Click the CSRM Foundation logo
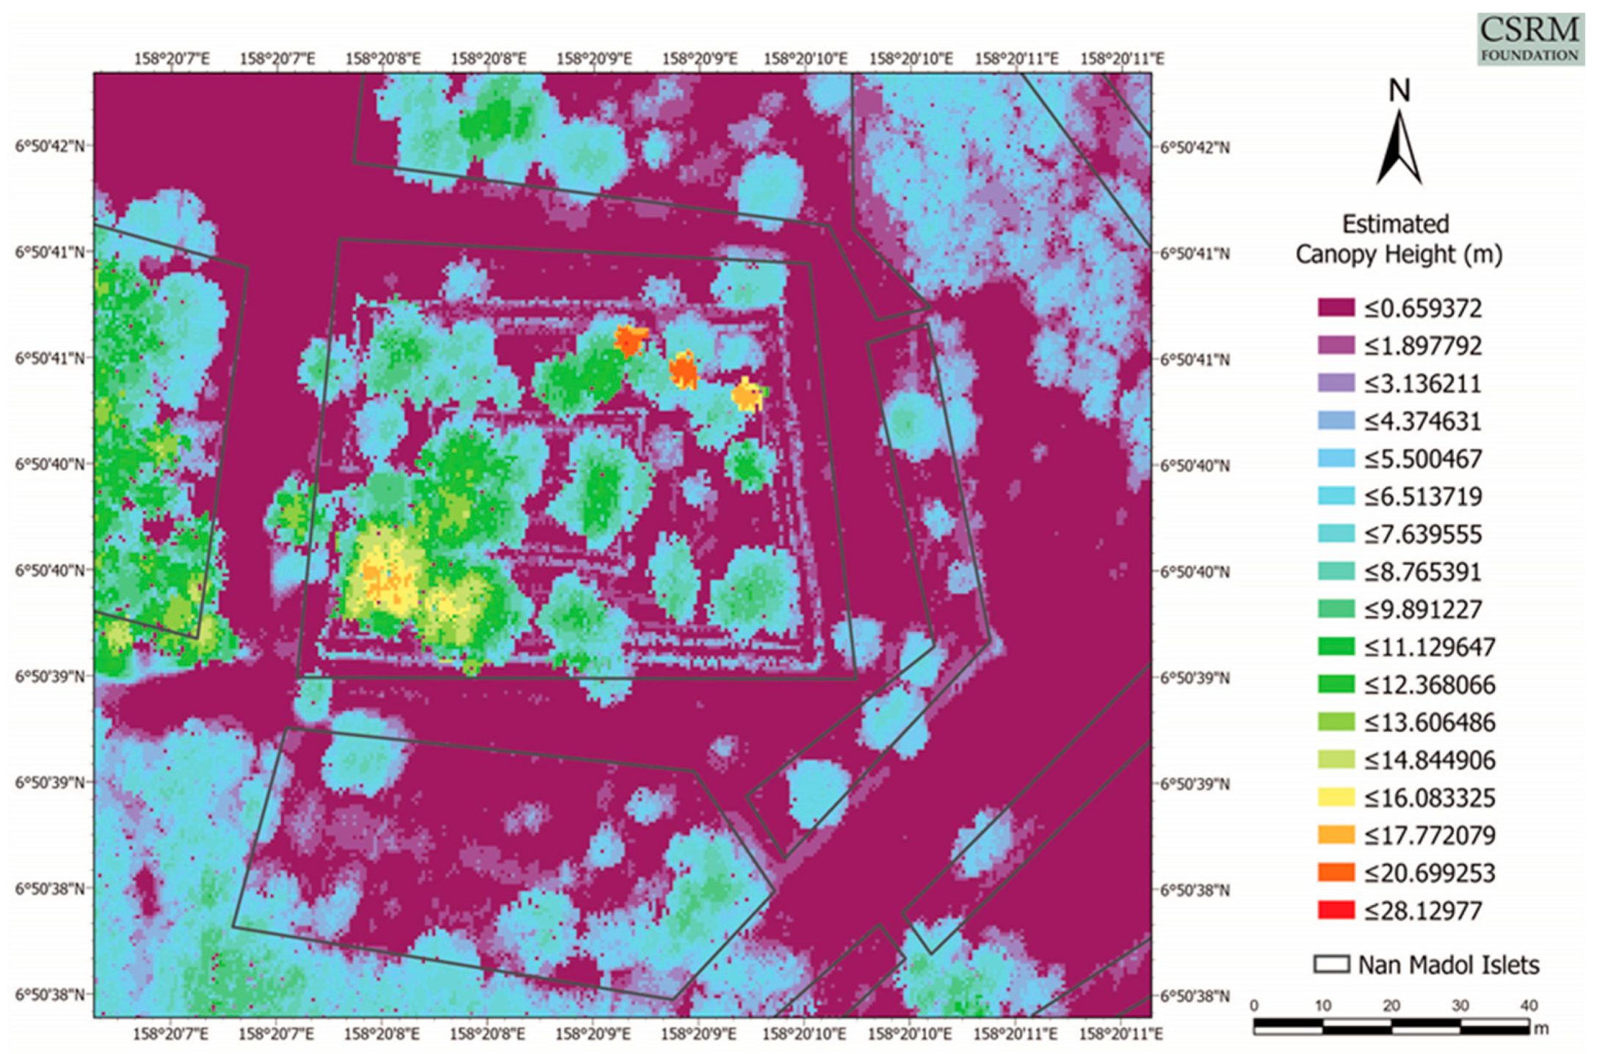tap(1530, 39)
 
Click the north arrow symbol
tap(1399, 150)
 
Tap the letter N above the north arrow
tap(1399, 91)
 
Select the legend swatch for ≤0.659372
tap(1336, 308)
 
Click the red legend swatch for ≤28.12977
tap(1336, 911)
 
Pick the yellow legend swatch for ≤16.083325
tap(1336, 798)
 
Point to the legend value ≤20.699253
tap(1429, 873)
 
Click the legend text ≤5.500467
tap(1423, 459)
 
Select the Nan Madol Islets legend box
tap(1331, 964)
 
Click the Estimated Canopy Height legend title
tap(1398, 239)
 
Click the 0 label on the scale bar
tap(1254, 1006)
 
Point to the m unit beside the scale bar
tap(1541, 1029)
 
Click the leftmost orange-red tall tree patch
tap(630, 341)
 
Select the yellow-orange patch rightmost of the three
tap(747, 395)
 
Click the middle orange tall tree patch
tap(684, 371)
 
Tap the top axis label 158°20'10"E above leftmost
tap(805, 59)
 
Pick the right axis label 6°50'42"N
tap(1195, 148)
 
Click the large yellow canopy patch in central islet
tap(385, 573)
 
